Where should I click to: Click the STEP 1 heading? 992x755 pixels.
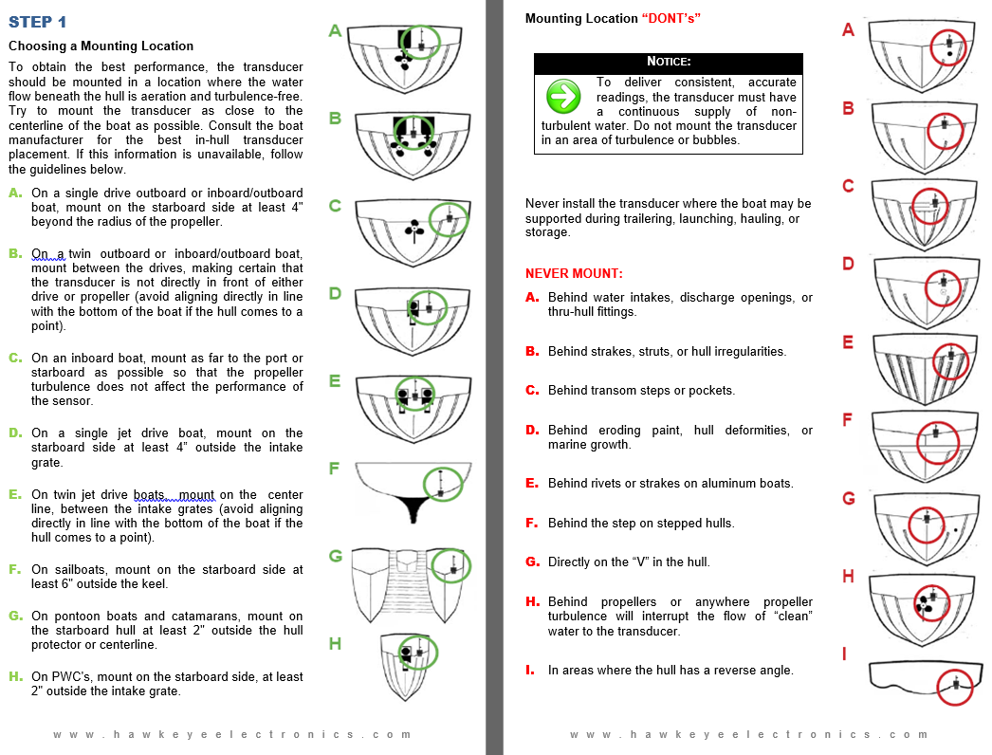pyautogui.click(x=37, y=22)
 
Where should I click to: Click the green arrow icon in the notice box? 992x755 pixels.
pyautogui.click(x=563, y=96)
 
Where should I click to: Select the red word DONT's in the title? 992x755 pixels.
pyautogui.click(x=671, y=18)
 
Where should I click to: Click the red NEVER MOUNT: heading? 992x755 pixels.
pyautogui.click(x=574, y=273)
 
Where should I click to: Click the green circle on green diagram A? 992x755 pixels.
pyautogui.click(x=421, y=43)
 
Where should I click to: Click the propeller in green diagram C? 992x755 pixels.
pyautogui.click(x=414, y=231)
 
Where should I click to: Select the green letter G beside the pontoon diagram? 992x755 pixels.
pyautogui.click(x=336, y=556)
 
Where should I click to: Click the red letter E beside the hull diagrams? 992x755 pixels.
pyautogui.click(x=848, y=342)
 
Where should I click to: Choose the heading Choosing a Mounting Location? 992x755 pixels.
pyautogui.click(x=101, y=46)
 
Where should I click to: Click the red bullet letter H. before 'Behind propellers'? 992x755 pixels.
pyautogui.click(x=532, y=601)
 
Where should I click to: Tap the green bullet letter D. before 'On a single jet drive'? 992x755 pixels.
pyautogui.click(x=15, y=433)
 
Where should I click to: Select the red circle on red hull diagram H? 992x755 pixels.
pyautogui.click(x=932, y=603)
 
